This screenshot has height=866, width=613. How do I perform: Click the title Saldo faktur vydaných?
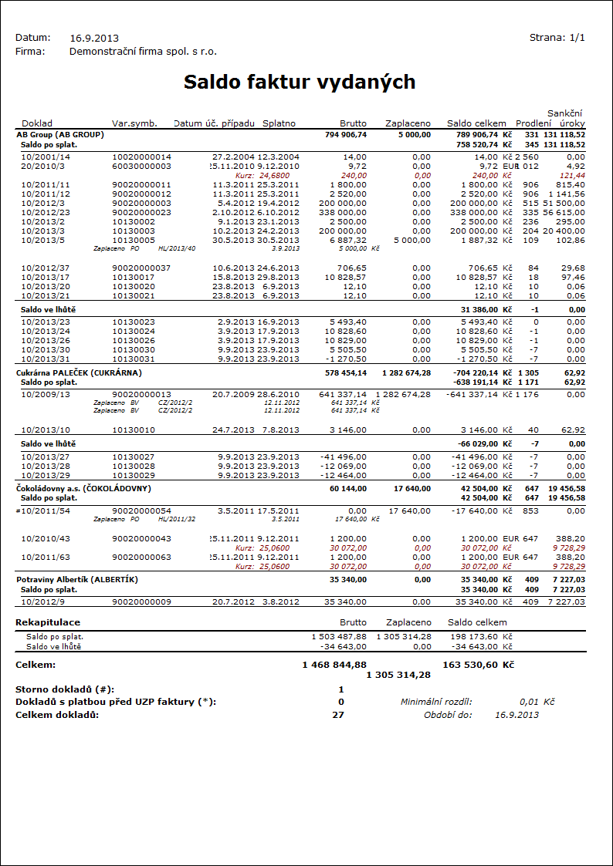point(300,83)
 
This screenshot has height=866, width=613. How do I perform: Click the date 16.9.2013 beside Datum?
point(94,38)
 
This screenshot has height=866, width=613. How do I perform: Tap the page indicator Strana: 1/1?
point(557,38)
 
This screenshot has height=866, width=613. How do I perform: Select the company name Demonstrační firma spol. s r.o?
point(143,52)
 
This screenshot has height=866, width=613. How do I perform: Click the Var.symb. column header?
point(134,123)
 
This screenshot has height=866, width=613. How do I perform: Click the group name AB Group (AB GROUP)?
point(60,134)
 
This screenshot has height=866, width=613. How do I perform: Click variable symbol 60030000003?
point(141,166)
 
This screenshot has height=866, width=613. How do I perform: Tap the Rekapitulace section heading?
point(48,622)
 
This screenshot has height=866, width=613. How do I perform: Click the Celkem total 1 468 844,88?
point(334,664)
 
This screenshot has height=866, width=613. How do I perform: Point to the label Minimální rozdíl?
point(436,702)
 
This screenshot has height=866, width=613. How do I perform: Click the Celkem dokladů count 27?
point(337,714)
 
